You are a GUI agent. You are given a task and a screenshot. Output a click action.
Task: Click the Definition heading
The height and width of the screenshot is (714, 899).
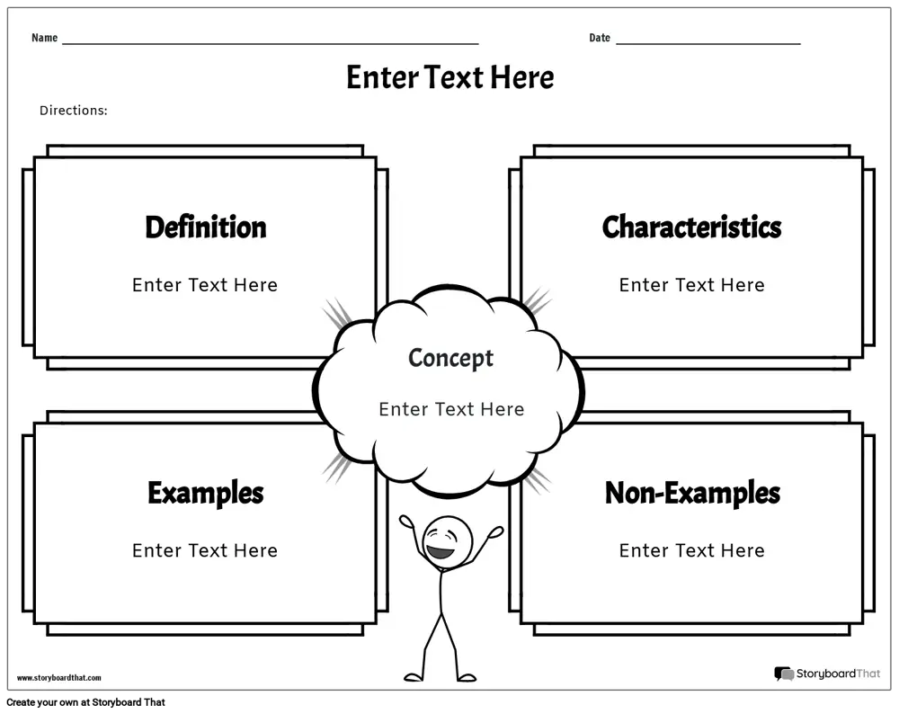[x=206, y=228]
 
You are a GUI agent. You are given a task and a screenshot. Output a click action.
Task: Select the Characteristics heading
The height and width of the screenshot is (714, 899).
[x=691, y=228]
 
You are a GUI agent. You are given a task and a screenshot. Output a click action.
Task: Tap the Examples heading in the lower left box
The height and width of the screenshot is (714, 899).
[x=206, y=493]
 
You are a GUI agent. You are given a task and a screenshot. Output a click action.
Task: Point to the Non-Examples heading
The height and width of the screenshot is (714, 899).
[x=692, y=493]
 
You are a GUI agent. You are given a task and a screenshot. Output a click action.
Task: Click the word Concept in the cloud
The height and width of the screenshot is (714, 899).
[x=450, y=359]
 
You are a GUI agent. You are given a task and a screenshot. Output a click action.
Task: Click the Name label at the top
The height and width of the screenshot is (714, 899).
[x=45, y=38]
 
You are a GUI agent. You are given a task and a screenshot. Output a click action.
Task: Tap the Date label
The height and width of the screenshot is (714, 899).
[x=600, y=38]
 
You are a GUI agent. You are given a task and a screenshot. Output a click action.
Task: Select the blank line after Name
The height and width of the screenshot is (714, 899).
[x=271, y=43]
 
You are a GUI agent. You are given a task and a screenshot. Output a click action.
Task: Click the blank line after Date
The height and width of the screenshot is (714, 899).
[x=708, y=43]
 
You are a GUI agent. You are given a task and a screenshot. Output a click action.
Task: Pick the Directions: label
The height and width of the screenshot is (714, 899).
[x=74, y=110]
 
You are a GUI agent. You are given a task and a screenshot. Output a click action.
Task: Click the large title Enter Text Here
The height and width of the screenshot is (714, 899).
[x=450, y=77]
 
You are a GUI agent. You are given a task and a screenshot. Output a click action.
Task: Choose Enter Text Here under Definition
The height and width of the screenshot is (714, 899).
[x=205, y=285]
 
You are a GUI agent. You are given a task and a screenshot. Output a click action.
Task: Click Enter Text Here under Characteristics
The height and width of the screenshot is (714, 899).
[x=691, y=285]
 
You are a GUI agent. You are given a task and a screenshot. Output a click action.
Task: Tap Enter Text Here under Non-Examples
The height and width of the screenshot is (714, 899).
[x=691, y=550]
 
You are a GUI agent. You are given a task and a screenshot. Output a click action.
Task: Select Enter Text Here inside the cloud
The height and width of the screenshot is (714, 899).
[x=451, y=409]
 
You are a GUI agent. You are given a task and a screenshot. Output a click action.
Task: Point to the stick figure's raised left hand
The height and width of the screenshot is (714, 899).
[x=407, y=522]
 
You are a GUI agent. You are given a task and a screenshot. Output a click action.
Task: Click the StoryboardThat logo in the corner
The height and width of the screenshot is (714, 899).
[x=827, y=674]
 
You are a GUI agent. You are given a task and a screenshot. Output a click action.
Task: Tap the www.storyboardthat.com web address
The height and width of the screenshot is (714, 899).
[x=59, y=678]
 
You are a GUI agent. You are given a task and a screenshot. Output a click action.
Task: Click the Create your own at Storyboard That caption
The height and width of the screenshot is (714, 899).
[x=86, y=702]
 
